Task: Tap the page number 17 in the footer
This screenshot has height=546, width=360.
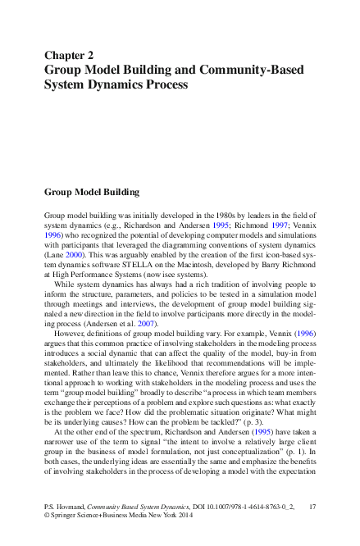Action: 312,508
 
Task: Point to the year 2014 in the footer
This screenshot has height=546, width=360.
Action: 187,518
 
